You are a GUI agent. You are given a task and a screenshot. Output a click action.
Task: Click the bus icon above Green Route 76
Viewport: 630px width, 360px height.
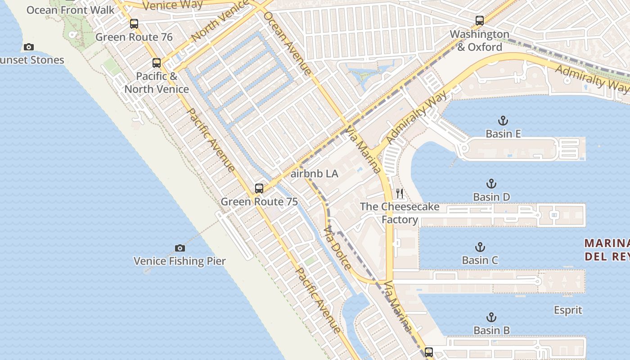134,24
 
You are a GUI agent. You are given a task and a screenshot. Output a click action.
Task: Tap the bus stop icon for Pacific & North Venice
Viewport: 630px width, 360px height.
157,63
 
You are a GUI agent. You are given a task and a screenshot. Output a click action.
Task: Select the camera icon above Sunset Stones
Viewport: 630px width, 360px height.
29,47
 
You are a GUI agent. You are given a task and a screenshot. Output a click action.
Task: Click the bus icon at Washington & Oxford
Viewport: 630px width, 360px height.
480,20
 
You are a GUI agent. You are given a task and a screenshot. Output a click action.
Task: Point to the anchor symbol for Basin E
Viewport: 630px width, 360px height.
503,121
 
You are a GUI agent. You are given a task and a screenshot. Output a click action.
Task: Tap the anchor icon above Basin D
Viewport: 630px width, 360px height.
491,184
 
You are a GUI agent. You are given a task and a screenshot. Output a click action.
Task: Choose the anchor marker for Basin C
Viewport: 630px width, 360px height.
480,247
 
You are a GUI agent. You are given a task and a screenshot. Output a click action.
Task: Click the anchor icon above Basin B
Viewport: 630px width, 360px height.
491,317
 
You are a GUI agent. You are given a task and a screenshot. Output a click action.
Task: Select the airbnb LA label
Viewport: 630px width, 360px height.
315,174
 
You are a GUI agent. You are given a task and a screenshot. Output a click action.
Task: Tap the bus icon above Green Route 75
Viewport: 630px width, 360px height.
259,189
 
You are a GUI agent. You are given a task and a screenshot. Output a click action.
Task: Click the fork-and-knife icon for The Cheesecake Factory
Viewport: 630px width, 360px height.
400,193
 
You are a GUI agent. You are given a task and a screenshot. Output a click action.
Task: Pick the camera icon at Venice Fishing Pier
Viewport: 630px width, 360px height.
180,248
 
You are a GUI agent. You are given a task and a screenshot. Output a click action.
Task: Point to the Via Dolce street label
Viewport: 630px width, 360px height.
337,247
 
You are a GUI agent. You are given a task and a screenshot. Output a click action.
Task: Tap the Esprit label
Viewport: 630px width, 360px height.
568,310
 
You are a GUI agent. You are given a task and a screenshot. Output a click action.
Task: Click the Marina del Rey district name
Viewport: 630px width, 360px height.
607,250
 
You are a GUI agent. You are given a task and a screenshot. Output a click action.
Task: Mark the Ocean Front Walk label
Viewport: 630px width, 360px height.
71,10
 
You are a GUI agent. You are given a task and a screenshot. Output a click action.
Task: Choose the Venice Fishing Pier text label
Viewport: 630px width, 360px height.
180,261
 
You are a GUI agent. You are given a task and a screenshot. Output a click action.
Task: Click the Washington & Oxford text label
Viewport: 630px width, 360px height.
480,40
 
